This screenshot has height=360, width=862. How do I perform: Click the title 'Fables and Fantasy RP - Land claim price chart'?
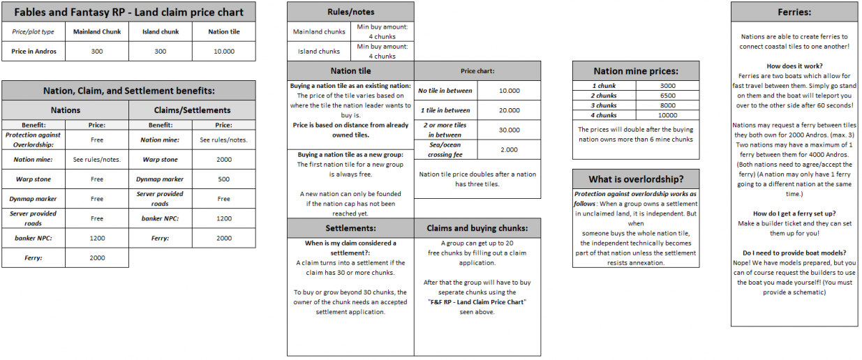tap(129, 13)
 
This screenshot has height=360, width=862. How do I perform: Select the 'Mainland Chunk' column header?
tap(97, 31)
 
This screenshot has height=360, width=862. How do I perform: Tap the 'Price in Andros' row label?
tap(34, 51)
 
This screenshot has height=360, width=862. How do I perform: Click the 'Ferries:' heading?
tap(794, 13)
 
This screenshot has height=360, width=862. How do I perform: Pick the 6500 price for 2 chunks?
tap(667, 95)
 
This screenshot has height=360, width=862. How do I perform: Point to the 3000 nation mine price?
tap(667, 85)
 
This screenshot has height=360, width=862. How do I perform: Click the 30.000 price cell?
tap(510, 130)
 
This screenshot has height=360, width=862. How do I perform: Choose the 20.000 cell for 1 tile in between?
tap(510, 110)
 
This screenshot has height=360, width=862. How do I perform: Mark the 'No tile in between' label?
tap(445, 91)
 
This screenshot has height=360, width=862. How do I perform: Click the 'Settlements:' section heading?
tap(350, 228)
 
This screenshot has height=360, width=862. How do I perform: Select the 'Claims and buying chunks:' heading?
tap(477, 228)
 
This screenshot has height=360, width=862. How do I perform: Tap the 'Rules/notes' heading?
tap(350, 13)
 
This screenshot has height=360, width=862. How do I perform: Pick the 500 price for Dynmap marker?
tap(223, 179)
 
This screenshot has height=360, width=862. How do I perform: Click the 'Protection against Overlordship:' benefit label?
tap(34, 140)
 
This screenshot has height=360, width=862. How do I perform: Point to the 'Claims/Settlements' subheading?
tap(192, 110)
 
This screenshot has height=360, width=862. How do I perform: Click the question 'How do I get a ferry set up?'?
tap(794, 213)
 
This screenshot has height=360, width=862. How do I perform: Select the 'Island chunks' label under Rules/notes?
tap(319, 51)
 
